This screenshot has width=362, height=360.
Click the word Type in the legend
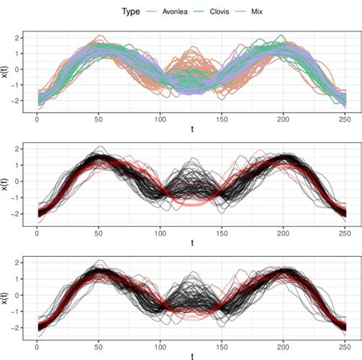(133, 12)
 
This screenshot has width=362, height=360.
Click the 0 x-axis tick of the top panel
(37, 119)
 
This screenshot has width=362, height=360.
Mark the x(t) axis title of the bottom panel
(5, 294)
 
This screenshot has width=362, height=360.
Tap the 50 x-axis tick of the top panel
(99, 119)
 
